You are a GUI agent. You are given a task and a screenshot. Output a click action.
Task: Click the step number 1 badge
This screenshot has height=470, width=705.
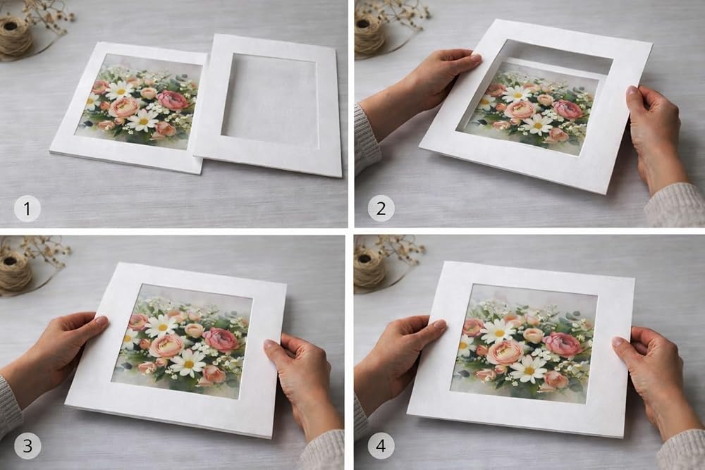(27, 209)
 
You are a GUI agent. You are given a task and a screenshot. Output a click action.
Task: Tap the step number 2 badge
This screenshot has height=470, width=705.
(381, 209)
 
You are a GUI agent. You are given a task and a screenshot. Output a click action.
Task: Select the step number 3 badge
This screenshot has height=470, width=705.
(27, 446)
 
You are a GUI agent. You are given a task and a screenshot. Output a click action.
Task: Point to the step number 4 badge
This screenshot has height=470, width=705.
(381, 446)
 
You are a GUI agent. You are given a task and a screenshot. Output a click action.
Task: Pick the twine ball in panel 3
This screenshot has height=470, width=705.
(14, 271)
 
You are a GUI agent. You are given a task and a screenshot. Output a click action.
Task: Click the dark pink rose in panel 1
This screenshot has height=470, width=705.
(173, 101)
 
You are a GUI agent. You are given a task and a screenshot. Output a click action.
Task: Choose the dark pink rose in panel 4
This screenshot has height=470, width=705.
(564, 344)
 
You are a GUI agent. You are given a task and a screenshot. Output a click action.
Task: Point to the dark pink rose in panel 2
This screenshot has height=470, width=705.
(568, 109)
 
